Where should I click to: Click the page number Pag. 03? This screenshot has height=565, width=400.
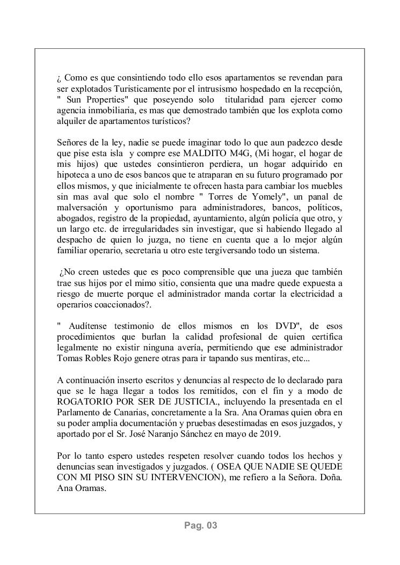pos(200,526)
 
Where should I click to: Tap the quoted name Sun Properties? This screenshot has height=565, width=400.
pos(94,100)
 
